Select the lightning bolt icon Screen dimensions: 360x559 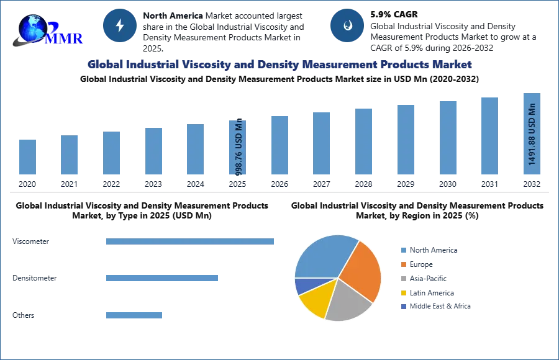coord(120,25)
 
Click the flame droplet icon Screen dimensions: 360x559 coord(347,25)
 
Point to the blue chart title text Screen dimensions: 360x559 coord(279,64)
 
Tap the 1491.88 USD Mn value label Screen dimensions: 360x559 coord(532,134)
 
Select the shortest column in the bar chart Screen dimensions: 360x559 coord(27,158)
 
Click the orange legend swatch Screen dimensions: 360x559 coord(402,264)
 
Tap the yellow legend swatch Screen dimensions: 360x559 coord(402,293)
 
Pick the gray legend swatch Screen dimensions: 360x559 coord(402,279)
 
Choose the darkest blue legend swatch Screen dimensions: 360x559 coord(402,307)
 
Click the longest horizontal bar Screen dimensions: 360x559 coord(191,243)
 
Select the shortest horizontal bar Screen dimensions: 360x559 coord(134,315)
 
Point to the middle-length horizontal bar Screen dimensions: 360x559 coord(161,278)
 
